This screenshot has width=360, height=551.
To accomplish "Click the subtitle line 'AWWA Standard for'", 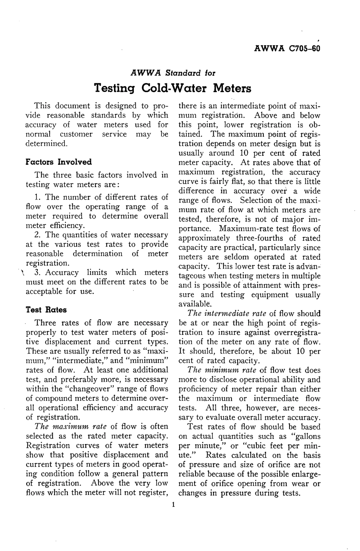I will [173, 72].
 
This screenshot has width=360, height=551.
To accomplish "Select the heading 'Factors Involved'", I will [58, 162].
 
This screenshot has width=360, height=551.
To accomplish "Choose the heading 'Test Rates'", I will [46, 310].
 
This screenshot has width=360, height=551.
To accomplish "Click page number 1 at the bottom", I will [173, 504].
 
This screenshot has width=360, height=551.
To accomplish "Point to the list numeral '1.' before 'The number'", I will [38, 197].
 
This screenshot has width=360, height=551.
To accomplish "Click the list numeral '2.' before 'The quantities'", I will [38, 235].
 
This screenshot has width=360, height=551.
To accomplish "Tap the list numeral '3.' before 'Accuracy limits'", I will [38, 273].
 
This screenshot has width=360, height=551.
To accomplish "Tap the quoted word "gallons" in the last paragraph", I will [305, 436].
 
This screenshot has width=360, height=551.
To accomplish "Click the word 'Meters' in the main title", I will [232, 89].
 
